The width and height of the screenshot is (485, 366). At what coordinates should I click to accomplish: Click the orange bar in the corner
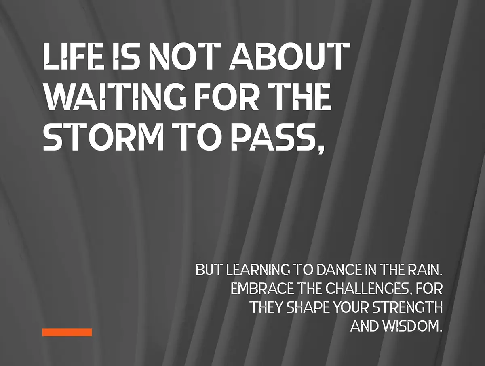67,332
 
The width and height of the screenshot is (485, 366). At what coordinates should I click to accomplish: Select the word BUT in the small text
209,270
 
